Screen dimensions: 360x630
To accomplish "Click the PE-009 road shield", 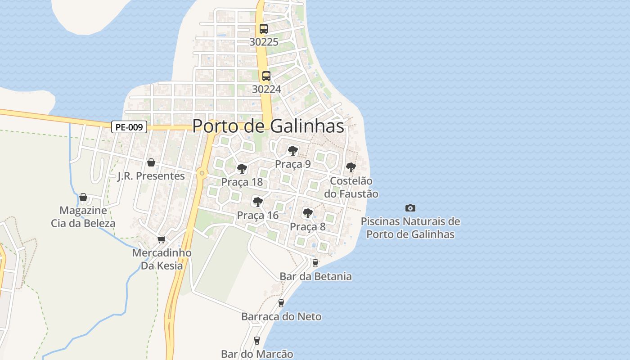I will [x=129, y=127].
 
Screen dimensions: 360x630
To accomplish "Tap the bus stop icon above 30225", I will [x=264, y=29].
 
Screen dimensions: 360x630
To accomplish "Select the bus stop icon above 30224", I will [x=266, y=76].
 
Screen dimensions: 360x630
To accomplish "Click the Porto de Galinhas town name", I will [x=268, y=126].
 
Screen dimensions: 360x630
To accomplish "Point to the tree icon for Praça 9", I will [x=293, y=150].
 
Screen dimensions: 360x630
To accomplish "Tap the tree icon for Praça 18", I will [x=242, y=169].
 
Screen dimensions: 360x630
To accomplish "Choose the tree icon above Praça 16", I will [x=257, y=202].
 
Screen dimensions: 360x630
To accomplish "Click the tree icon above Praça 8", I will [x=307, y=213].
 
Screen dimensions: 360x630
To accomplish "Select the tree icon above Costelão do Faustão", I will [x=351, y=167].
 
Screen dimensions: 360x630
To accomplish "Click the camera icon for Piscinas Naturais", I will [x=410, y=208].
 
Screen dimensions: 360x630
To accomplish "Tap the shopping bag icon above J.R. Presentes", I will [x=151, y=162].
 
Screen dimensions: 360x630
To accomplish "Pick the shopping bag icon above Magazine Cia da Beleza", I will [x=83, y=197].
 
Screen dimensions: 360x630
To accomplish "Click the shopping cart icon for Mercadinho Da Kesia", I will [x=162, y=239].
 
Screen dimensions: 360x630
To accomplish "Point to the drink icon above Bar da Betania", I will [x=315, y=263].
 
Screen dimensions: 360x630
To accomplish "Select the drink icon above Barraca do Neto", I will [x=281, y=303].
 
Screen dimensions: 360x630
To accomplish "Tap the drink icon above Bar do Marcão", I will [x=257, y=340].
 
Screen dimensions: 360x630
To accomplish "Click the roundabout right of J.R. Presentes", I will [x=202, y=173].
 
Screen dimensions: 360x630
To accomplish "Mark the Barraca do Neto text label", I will [x=281, y=316].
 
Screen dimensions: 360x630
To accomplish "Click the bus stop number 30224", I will [x=266, y=89].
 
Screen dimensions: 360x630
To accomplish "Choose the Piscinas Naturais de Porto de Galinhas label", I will [x=410, y=228].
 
